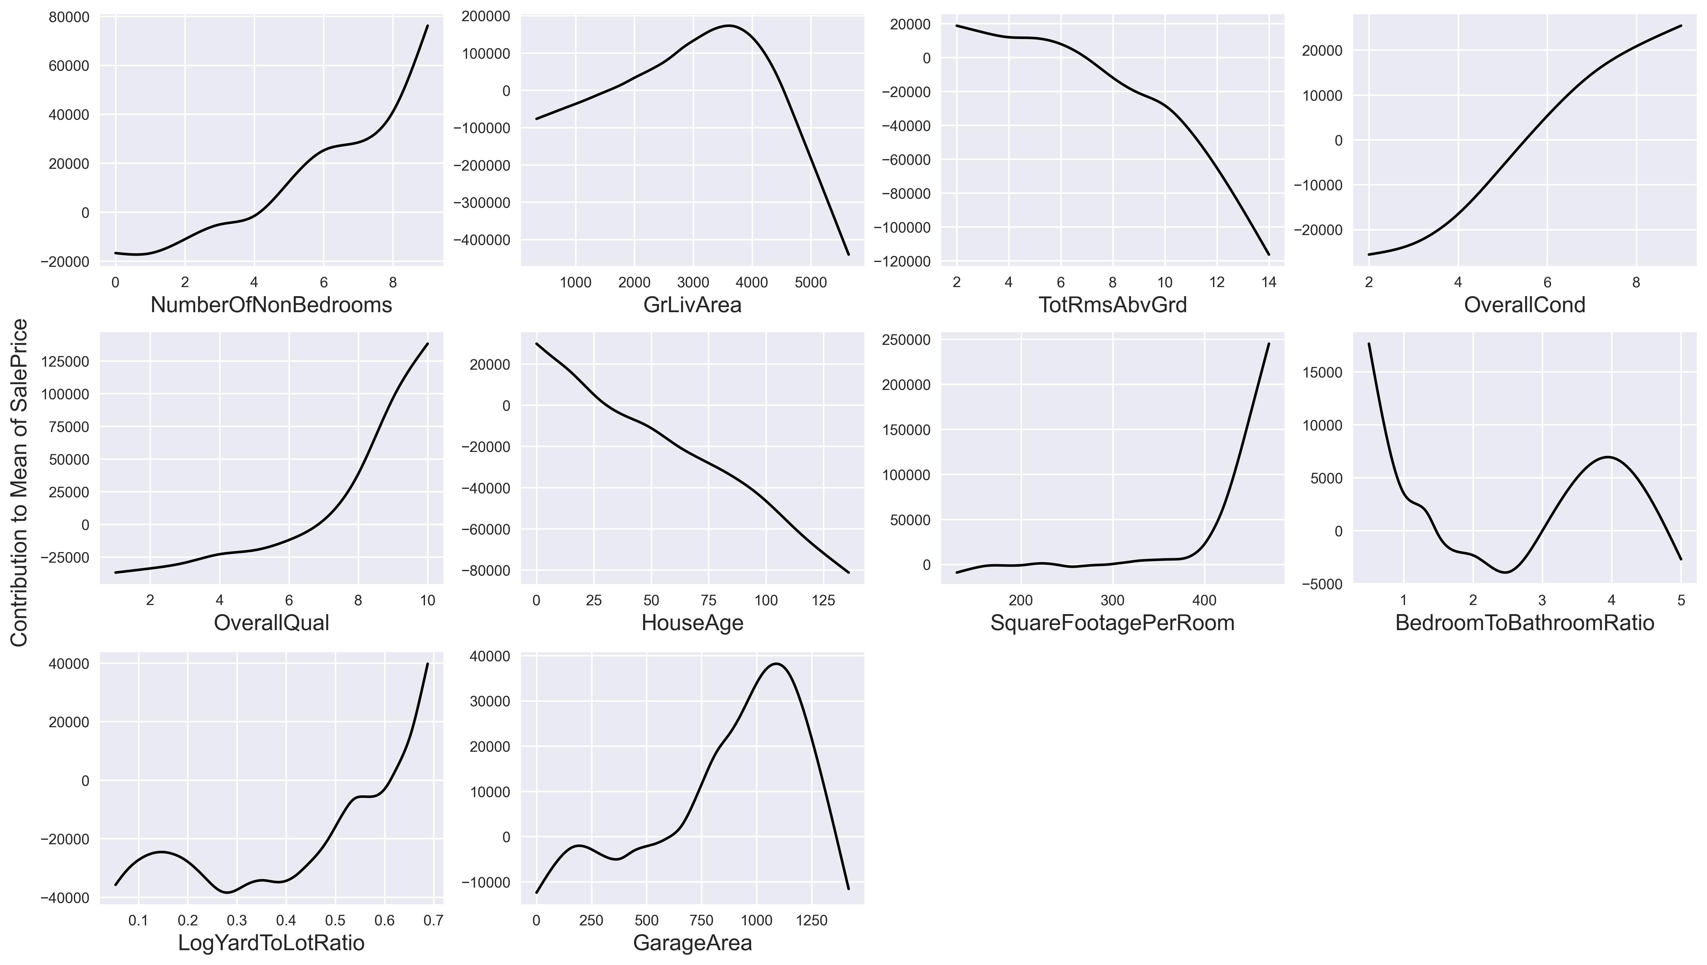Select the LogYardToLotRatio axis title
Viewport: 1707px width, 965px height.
tap(271, 943)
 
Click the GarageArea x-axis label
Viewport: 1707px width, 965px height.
tap(692, 943)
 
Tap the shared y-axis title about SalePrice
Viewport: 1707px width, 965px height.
tap(20, 483)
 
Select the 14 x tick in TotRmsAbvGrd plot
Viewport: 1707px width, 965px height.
tap(1268, 282)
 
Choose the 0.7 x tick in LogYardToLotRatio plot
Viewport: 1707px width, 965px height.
tap(433, 921)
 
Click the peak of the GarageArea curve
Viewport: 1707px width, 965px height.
tap(777, 663)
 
